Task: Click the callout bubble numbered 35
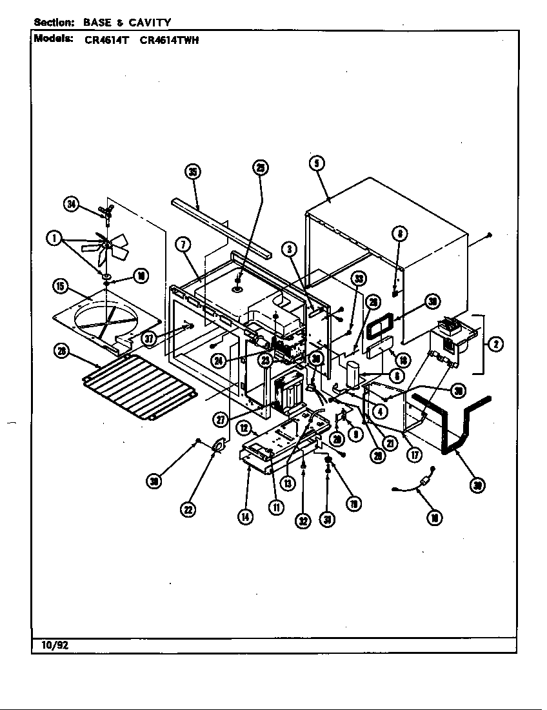point(192,171)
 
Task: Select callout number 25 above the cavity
point(259,168)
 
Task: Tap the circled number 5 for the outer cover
point(316,164)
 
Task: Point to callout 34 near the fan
point(72,205)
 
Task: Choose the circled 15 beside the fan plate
point(60,286)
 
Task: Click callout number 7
point(183,245)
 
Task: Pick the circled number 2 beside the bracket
point(495,345)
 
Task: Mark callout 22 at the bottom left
point(188,509)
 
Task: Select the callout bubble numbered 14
point(245,517)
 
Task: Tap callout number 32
point(303,521)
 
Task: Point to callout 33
point(359,279)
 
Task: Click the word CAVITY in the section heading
point(149,23)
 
